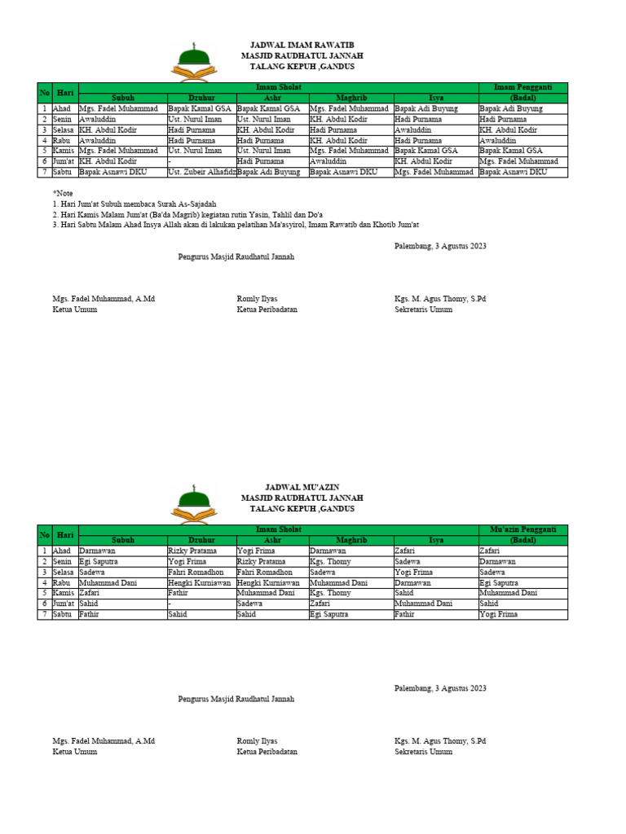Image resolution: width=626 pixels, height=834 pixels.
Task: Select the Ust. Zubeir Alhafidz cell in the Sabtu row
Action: pyautogui.click(x=201, y=173)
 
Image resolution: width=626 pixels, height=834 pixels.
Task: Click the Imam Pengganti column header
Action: pyautogui.click(x=522, y=86)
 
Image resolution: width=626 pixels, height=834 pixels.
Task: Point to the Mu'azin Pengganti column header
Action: pyautogui.click(x=522, y=529)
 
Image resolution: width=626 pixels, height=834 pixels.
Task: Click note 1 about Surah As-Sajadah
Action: pyautogui.click(x=134, y=204)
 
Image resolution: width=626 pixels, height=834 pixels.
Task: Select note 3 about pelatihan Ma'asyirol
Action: pyautogui.click(x=236, y=225)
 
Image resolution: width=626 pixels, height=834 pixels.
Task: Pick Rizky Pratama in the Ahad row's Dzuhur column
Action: pyautogui.click(x=192, y=551)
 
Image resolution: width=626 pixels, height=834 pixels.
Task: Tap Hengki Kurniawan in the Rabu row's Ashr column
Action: pyautogui.click(x=268, y=583)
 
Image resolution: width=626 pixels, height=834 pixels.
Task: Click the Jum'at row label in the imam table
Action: pyautogui.click(x=64, y=161)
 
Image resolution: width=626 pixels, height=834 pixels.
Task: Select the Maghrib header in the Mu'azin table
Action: pyautogui.click(x=351, y=539)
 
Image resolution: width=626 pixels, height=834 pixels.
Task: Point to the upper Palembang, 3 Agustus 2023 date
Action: pyautogui.click(x=440, y=246)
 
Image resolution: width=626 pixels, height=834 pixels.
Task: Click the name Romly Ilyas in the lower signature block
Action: pyautogui.click(x=257, y=741)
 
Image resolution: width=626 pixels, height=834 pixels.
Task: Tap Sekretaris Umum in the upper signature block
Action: pyautogui.click(x=423, y=309)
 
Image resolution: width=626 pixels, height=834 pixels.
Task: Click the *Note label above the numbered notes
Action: pyautogui.click(x=63, y=193)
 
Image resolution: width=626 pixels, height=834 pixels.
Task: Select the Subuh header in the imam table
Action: pyautogui.click(x=122, y=97)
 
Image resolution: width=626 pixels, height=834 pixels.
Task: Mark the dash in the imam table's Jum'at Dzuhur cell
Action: pyautogui.click(x=170, y=161)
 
